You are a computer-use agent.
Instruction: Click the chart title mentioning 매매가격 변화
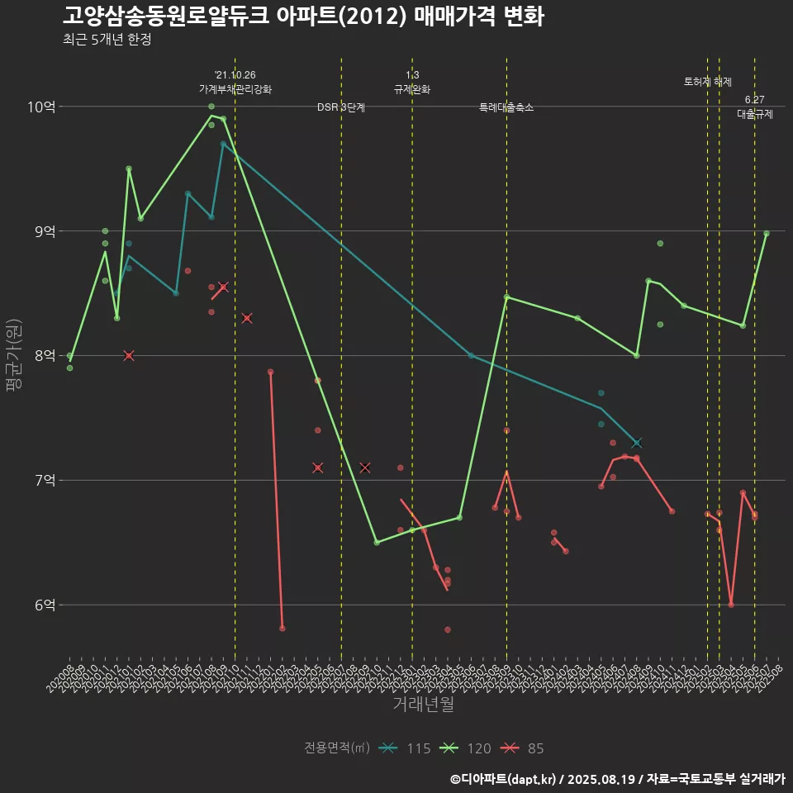302,17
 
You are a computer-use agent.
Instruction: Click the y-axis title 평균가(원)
12,356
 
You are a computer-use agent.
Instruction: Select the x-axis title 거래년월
423,705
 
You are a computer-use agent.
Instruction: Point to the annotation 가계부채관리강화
235,89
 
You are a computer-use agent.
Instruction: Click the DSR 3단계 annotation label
341,107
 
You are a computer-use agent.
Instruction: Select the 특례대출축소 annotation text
506,107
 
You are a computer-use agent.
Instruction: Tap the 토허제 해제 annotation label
708,82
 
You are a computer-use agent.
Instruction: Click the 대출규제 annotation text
754,115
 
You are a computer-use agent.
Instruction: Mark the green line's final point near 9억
767,234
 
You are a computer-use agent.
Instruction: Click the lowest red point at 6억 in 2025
731,605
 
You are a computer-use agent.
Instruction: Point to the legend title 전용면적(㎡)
335,748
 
